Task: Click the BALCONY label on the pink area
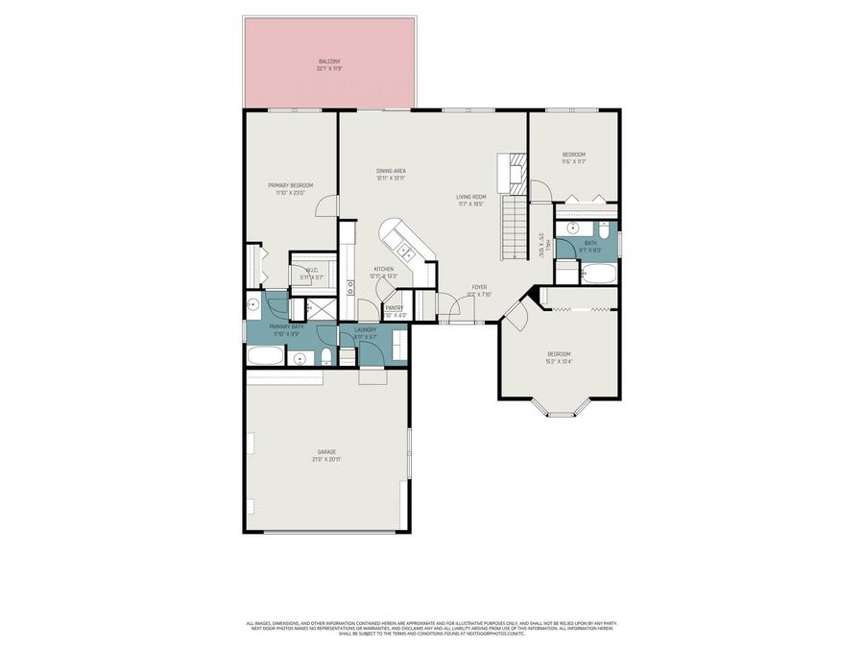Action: [x=329, y=61]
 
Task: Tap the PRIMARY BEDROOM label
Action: [x=290, y=185]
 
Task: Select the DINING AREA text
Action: [x=391, y=171]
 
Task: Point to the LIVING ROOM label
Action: [x=470, y=197]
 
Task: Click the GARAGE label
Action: [x=326, y=451]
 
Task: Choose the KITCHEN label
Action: [x=384, y=269]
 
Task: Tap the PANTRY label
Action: [x=395, y=308]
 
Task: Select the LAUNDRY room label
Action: [x=367, y=330]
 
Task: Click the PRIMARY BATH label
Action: [x=286, y=327]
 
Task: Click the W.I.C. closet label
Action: [x=311, y=271]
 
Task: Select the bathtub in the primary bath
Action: [x=266, y=357]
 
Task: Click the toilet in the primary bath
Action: [x=327, y=357]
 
